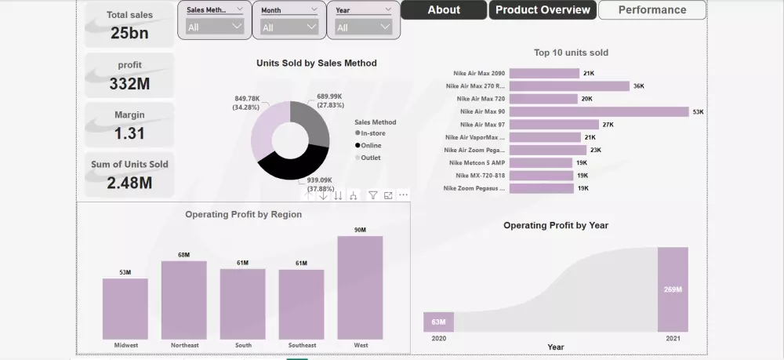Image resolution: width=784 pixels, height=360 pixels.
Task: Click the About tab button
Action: (x=444, y=10)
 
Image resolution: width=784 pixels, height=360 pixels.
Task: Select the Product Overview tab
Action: (x=543, y=10)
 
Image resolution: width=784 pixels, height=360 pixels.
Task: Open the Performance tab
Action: (x=652, y=10)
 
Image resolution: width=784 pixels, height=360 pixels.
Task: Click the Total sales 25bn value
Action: (x=130, y=32)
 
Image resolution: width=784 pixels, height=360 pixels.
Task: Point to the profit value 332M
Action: (x=130, y=83)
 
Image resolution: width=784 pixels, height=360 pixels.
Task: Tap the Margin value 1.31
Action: (x=130, y=133)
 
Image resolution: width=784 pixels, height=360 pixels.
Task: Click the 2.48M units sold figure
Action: (x=130, y=184)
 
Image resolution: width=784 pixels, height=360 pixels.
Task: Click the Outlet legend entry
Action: (x=370, y=158)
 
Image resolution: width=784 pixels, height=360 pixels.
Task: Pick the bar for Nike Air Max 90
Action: (x=598, y=112)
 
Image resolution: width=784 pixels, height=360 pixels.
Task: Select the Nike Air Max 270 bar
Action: (x=569, y=86)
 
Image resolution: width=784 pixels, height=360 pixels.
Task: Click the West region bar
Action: (x=360, y=287)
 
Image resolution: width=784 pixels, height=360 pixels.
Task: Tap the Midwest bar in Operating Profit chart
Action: (x=125, y=308)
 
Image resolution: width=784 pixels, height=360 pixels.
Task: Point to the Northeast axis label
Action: (x=183, y=345)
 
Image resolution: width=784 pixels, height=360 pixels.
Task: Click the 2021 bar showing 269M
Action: (x=673, y=289)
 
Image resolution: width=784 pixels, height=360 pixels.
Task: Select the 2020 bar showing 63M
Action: (x=438, y=322)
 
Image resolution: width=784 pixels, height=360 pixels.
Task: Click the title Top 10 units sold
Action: (x=571, y=53)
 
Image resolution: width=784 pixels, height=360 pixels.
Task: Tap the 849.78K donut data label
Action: (x=248, y=102)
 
